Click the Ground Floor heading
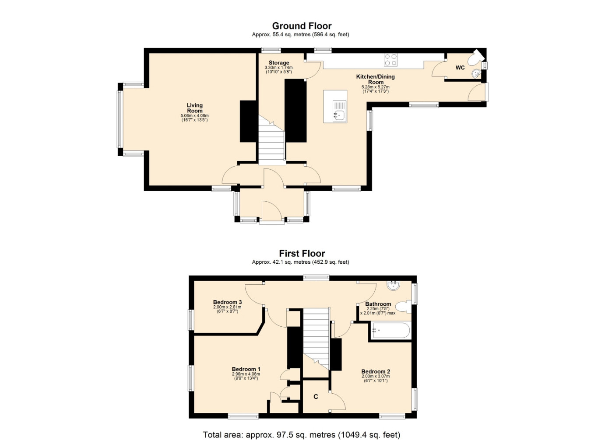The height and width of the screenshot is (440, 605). [302, 26]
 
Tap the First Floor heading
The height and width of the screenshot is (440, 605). [302, 253]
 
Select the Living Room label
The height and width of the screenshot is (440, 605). [195, 108]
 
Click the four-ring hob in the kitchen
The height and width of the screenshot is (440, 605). [391, 59]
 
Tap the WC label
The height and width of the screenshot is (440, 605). [460, 67]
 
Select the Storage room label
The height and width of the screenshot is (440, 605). [279, 63]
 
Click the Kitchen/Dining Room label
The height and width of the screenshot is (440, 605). [376, 79]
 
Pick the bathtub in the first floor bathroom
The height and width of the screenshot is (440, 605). [390, 330]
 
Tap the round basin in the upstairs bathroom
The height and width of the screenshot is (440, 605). [393, 286]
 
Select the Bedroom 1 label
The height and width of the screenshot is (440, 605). [246, 369]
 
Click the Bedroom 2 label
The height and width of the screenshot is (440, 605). [376, 371]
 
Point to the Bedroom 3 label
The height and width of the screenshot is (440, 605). [227, 302]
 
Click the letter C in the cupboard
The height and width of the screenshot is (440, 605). [316, 397]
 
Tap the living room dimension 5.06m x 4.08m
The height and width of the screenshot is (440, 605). [195, 115]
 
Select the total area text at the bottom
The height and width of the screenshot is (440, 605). [302, 427]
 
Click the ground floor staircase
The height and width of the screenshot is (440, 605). [272, 140]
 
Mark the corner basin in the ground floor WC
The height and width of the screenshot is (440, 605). [477, 74]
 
